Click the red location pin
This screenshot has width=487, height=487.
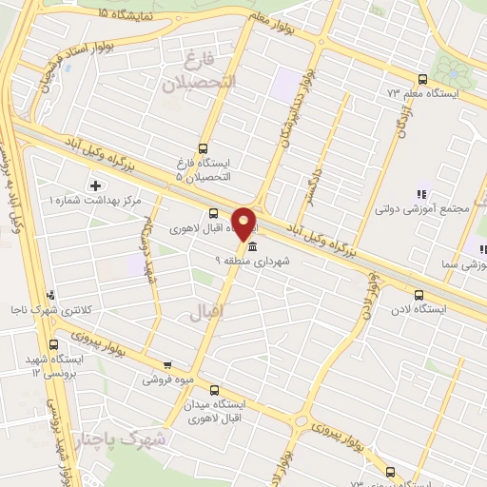(244, 223)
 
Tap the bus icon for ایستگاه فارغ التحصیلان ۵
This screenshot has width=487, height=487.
(202, 148)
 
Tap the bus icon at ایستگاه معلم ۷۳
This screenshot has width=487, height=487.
(420, 79)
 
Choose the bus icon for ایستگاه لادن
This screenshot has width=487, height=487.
(419, 295)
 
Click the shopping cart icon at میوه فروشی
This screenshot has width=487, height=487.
(167, 364)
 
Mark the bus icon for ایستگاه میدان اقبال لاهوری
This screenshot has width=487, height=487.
(214, 389)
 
